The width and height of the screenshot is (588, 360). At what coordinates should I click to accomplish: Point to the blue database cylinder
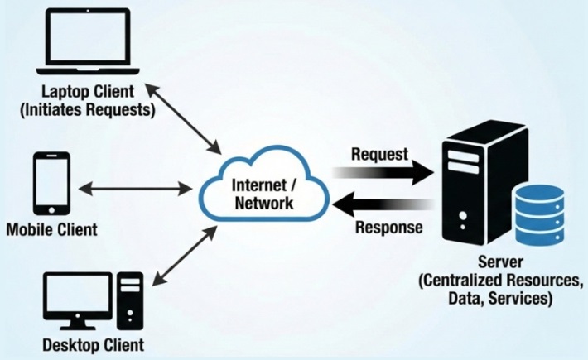(539, 214)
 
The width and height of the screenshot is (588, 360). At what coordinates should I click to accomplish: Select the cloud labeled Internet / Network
(264, 191)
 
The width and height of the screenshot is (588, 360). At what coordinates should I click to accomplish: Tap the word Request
(380, 153)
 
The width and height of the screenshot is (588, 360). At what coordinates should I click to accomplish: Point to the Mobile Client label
(51, 228)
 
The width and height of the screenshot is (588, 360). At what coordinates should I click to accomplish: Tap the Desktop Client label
(93, 344)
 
